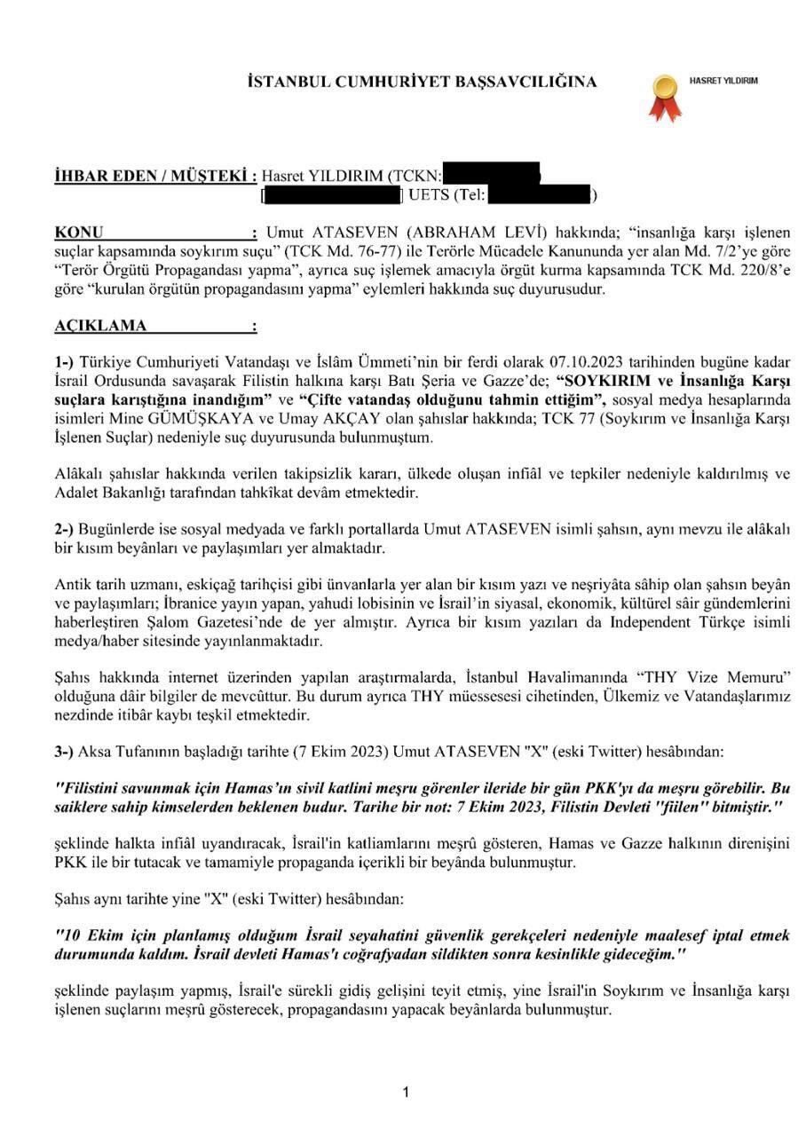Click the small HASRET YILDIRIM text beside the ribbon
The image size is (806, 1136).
tap(723, 81)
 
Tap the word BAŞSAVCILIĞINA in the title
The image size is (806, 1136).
tap(525, 83)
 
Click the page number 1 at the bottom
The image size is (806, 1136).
tap(406, 1093)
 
